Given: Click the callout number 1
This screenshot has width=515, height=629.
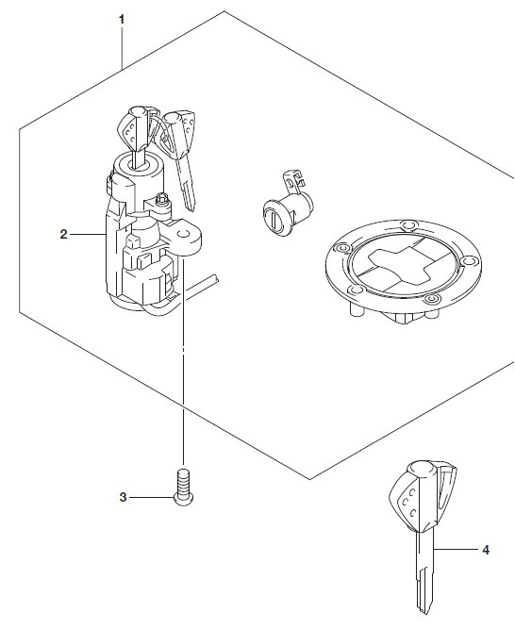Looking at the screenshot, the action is pyautogui.click(x=122, y=19).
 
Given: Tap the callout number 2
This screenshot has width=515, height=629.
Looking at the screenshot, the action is pyautogui.click(x=64, y=234).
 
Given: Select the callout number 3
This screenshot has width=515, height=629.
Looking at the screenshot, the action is pyautogui.click(x=123, y=497).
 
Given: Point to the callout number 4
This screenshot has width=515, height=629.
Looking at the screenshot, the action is pyautogui.click(x=486, y=550).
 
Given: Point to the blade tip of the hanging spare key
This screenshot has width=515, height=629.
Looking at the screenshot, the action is pyautogui.click(x=191, y=207).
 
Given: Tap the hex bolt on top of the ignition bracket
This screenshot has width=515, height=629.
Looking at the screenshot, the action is pyautogui.click(x=162, y=199).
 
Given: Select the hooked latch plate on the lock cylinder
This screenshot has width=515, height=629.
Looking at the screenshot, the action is pyautogui.click(x=293, y=181).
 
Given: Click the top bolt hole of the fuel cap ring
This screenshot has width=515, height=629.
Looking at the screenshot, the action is pyautogui.click(x=409, y=224).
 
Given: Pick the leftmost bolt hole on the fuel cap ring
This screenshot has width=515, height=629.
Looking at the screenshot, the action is pyautogui.click(x=341, y=249).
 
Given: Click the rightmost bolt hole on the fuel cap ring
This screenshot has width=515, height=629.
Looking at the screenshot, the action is pyautogui.click(x=468, y=261).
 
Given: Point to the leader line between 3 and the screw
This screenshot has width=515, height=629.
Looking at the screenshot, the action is pyautogui.click(x=152, y=498).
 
